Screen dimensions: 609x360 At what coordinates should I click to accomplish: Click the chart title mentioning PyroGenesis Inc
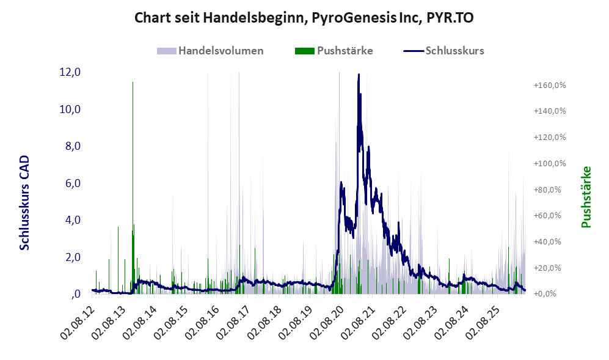[x=304, y=18]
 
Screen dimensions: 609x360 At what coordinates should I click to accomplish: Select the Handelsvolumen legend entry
[x=210, y=51]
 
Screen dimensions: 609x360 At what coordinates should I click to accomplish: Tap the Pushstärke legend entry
[x=334, y=51]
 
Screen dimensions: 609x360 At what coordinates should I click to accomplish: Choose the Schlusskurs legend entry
[x=444, y=51]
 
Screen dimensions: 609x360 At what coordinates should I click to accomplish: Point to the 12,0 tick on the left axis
[x=70, y=72]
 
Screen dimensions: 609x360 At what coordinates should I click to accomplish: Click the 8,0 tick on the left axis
[x=73, y=146]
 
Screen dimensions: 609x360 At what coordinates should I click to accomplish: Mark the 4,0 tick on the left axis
[x=73, y=219]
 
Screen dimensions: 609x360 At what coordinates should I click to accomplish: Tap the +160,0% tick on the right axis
[x=550, y=85]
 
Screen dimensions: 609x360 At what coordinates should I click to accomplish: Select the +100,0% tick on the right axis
[x=550, y=163]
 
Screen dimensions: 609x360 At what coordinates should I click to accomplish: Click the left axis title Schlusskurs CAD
[x=24, y=202]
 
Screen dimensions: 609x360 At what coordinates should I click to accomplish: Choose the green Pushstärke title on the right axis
[x=586, y=197]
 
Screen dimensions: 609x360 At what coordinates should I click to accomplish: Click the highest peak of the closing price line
[x=359, y=74]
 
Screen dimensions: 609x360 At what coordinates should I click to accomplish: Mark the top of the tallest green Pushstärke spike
[x=133, y=83]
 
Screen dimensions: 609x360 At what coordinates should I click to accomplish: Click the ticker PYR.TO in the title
[x=450, y=18]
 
